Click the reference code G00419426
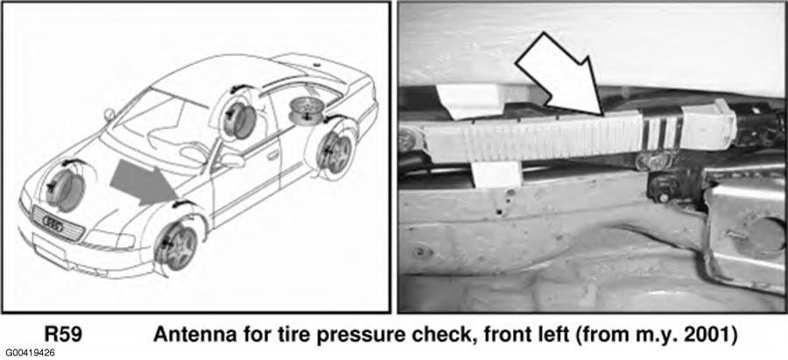[31, 353]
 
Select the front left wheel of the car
[175, 246]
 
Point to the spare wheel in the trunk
[306, 110]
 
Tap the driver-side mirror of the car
[233, 161]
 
